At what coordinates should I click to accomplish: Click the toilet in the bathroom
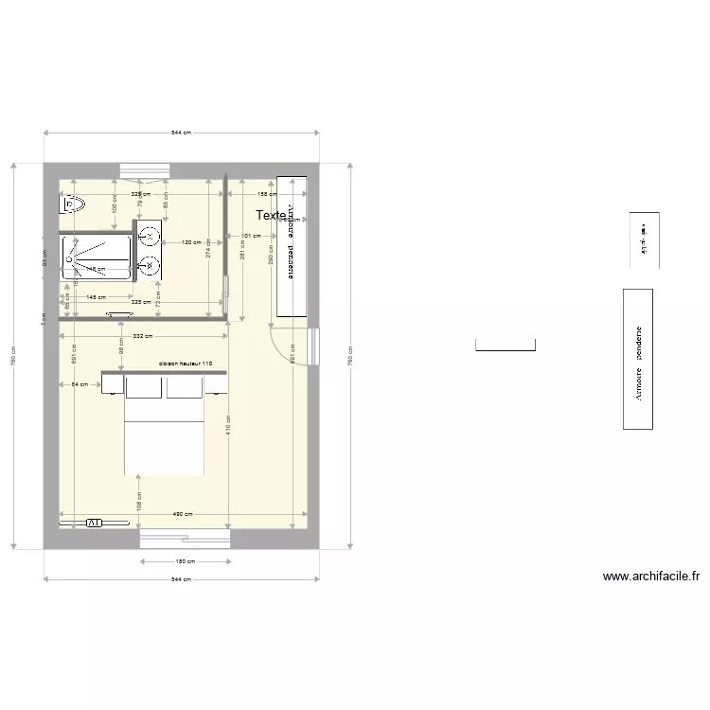point(74,203)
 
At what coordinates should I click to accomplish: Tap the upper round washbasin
point(150,236)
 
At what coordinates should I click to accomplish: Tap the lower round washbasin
point(150,266)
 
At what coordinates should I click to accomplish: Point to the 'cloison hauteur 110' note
point(185,364)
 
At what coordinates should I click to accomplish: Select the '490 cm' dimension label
point(183,515)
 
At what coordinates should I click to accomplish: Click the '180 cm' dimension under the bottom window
point(186,561)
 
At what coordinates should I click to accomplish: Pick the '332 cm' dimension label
point(144,336)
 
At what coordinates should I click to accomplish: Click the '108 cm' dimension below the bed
point(138,499)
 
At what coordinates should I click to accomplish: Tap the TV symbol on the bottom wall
point(94,523)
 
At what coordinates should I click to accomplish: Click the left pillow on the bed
point(144,388)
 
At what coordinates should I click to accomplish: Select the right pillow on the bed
point(185,388)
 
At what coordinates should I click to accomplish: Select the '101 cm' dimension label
point(251,236)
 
